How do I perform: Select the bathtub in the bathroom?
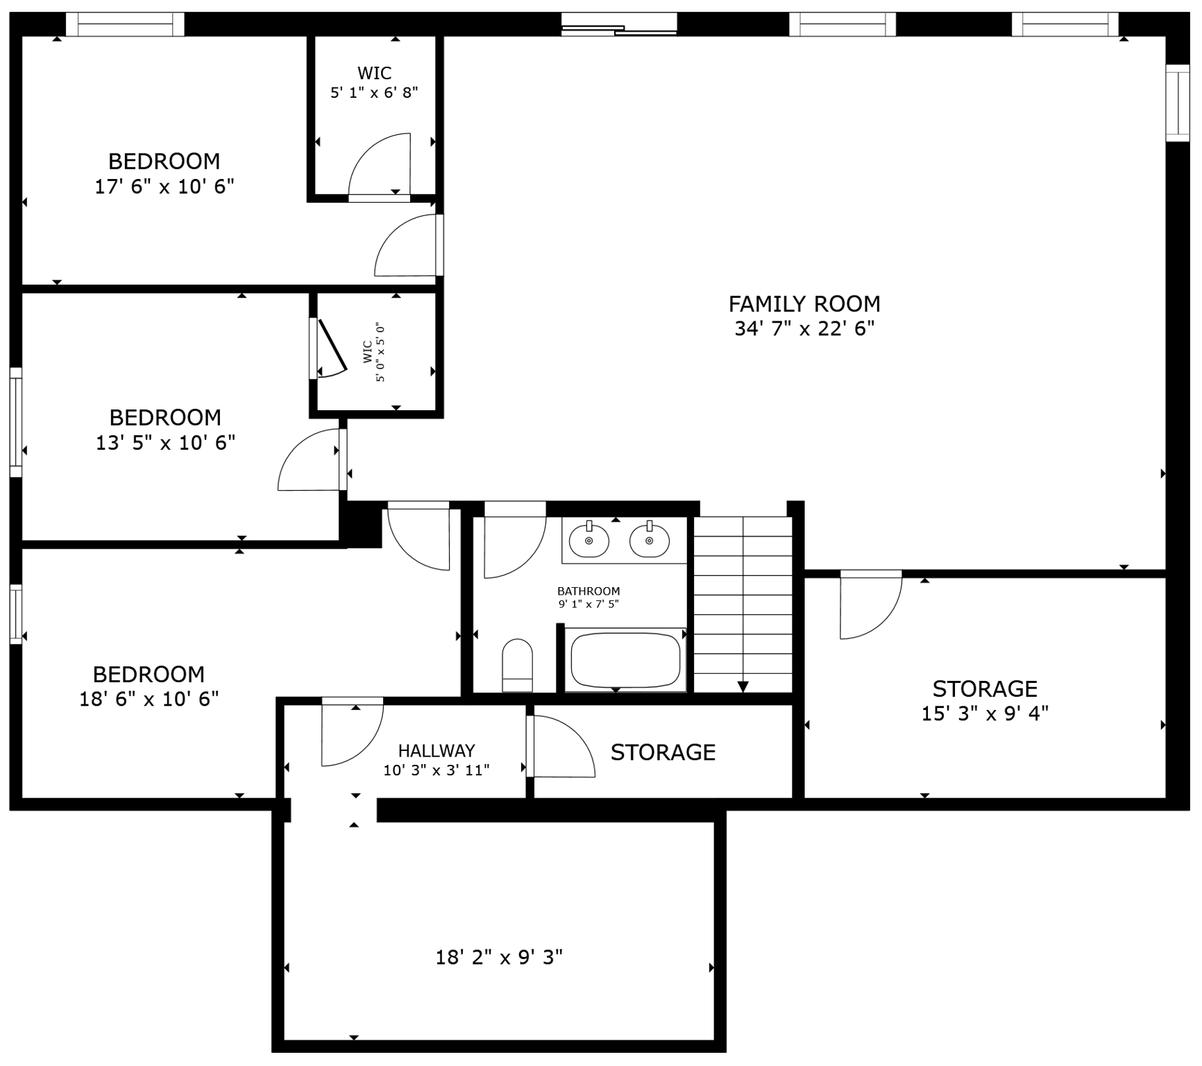click(625, 660)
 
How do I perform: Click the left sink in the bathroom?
click(589, 541)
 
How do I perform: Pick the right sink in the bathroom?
click(649, 541)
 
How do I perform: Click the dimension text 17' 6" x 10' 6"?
click(164, 187)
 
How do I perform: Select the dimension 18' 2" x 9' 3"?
click(498, 958)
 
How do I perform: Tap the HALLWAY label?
click(437, 750)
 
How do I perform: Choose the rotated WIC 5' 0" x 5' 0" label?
click(373, 351)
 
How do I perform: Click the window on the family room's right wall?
click(1177, 103)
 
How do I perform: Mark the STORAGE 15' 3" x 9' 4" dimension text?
click(984, 713)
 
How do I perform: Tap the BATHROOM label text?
click(589, 591)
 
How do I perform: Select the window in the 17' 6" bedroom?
click(125, 24)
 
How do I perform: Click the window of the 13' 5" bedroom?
click(15, 423)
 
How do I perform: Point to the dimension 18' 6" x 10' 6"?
click(149, 699)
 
